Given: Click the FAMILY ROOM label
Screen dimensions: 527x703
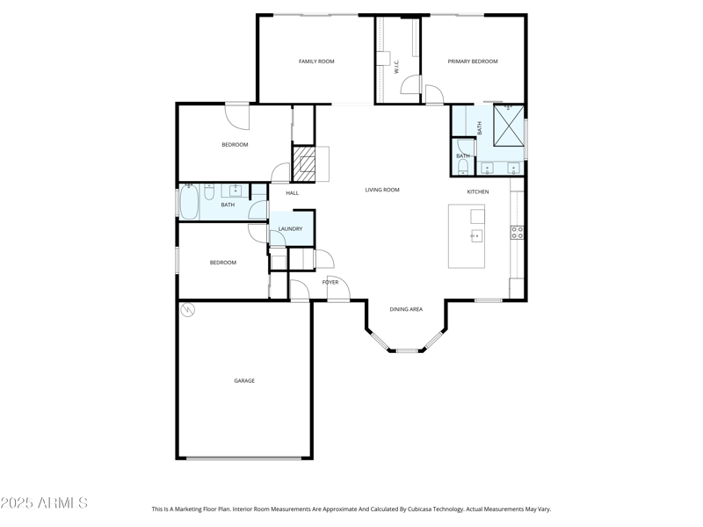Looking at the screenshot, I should click(x=316, y=61).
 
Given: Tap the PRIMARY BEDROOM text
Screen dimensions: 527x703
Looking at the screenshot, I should click(x=473, y=61).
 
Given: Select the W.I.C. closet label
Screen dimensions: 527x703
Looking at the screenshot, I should click(x=397, y=66).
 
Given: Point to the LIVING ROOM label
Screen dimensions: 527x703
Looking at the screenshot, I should click(x=382, y=190).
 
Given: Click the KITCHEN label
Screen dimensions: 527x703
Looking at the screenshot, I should click(x=478, y=191).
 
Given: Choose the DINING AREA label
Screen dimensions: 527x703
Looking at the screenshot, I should click(x=406, y=309).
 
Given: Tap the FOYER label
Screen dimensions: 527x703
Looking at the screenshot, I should click(x=330, y=282).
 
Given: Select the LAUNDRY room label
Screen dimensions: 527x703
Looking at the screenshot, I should click(x=290, y=229).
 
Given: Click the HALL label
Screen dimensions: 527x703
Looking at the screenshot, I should click(x=292, y=193).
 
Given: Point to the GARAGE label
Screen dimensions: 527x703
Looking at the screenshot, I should click(x=244, y=380).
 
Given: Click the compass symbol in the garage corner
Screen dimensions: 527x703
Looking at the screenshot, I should click(x=187, y=310).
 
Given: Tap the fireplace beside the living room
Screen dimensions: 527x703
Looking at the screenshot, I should click(x=304, y=162).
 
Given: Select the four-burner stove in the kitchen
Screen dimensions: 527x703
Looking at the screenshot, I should click(x=518, y=233).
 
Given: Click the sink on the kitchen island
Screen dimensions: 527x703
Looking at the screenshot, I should click(x=476, y=235).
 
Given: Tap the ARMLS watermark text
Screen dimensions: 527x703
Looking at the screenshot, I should click(x=44, y=503).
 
